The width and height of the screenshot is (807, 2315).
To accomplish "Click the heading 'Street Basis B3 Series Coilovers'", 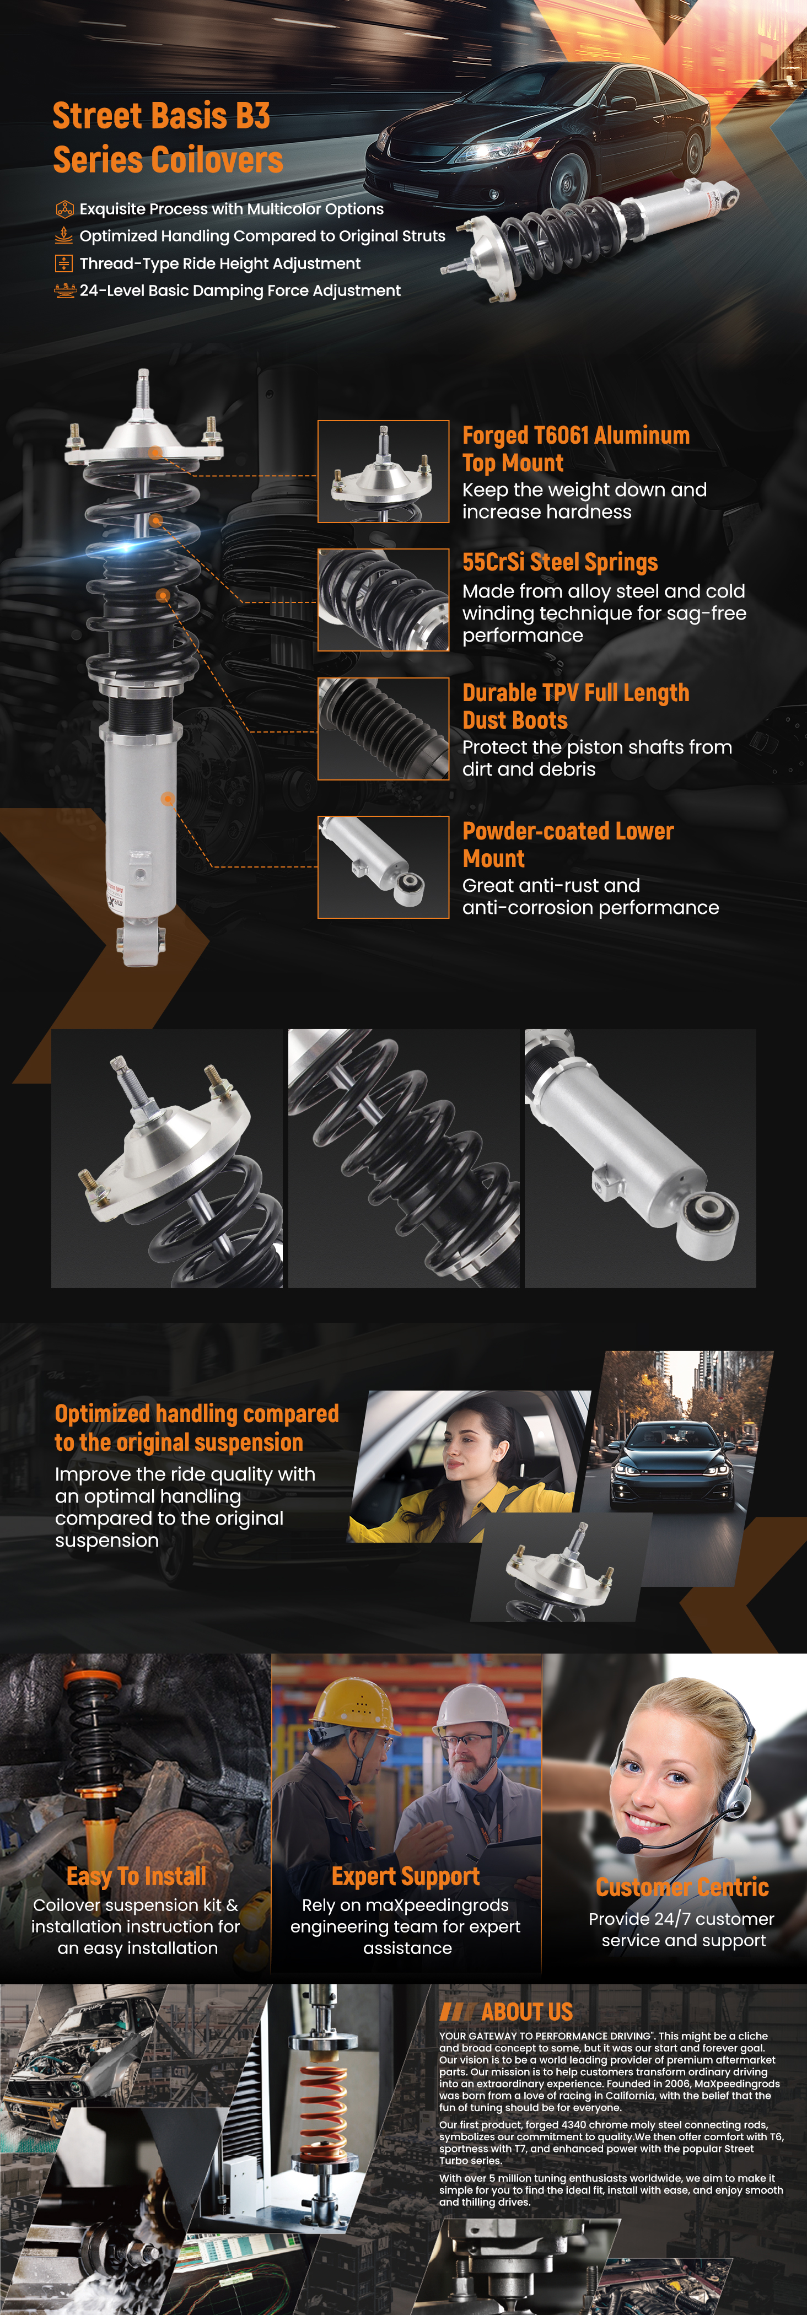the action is point(168,137).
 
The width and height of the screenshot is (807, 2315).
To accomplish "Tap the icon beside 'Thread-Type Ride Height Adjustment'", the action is point(64,263).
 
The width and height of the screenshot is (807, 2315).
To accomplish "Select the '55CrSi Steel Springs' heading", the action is point(560,563).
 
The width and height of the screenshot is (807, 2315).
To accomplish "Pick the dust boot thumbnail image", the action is point(384,729).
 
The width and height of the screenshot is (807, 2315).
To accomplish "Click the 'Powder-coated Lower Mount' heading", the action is point(568,845).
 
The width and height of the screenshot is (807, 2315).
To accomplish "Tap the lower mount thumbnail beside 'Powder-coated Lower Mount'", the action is point(384,867).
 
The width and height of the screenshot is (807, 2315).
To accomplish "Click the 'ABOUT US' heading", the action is point(526,2011).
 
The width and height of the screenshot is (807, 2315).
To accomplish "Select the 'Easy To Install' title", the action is point(137,1876).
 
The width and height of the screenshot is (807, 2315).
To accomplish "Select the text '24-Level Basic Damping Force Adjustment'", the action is point(240,290).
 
